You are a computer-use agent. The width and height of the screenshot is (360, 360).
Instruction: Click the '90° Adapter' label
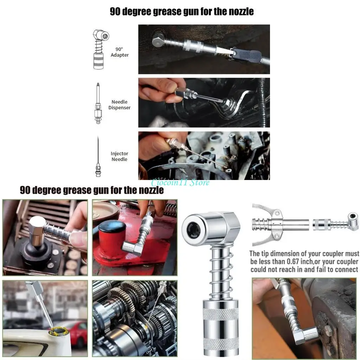click(x=120, y=52)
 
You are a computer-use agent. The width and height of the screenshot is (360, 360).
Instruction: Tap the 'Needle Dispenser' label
click(x=120, y=105)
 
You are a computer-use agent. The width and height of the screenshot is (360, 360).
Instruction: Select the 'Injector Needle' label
click(x=120, y=156)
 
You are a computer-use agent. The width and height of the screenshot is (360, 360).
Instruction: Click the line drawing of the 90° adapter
click(x=101, y=49)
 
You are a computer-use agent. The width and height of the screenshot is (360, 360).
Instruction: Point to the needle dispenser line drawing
click(x=98, y=103)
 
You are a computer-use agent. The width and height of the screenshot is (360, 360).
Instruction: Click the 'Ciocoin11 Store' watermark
click(x=180, y=182)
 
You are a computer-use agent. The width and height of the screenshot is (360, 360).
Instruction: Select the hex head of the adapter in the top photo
click(x=158, y=40)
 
